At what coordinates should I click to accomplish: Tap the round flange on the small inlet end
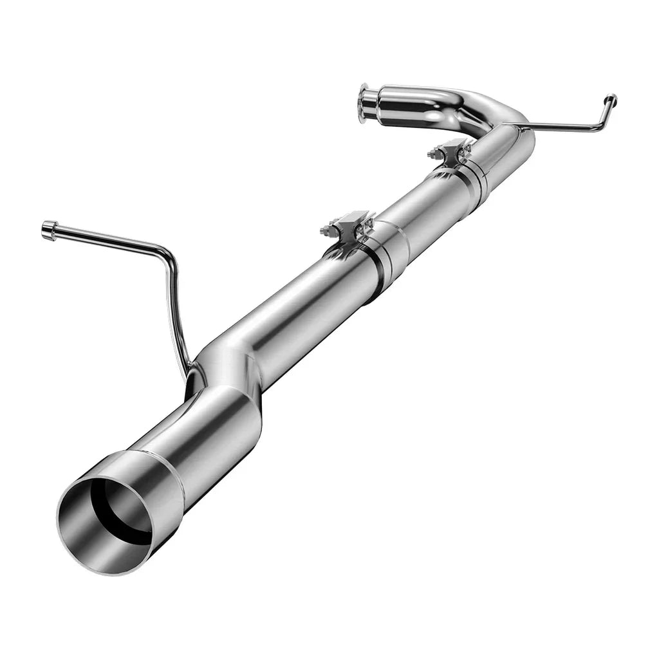(365, 104)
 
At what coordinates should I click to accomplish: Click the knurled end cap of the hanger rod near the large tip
(49, 229)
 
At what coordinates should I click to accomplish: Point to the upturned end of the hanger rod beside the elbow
(609, 101)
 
